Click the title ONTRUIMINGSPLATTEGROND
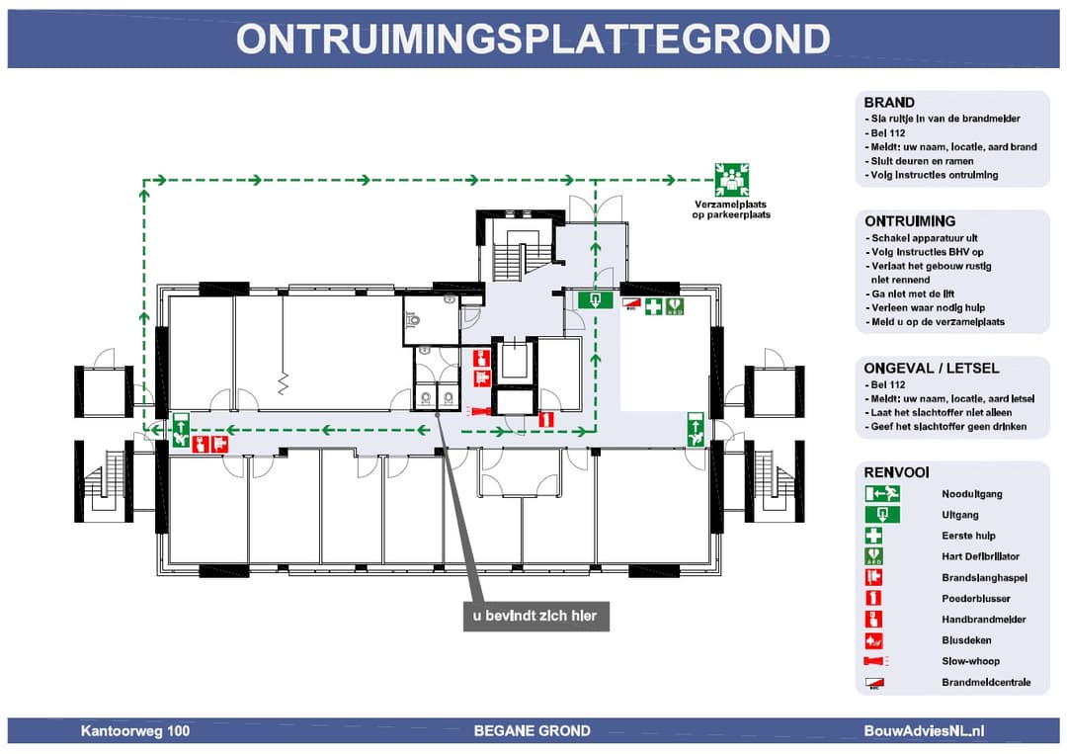click(x=533, y=39)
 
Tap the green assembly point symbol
click(x=731, y=179)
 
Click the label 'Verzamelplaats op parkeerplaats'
click(x=731, y=209)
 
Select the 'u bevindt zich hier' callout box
click(x=534, y=616)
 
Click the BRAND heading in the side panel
click(x=889, y=103)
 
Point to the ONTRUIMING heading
click(x=910, y=221)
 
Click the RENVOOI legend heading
click(x=896, y=473)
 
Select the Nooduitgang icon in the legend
click(x=881, y=493)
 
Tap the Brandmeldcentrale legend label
click(x=986, y=682)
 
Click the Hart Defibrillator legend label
click(x=980, y=556)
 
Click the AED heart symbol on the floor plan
click(x=676, y=306)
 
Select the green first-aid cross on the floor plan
click(x=653, y=306)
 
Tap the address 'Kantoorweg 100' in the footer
click(x=135, y=731)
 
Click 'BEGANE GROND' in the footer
click(x=532, y=731)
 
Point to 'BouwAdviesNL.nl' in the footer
click(x=924, y=731)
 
